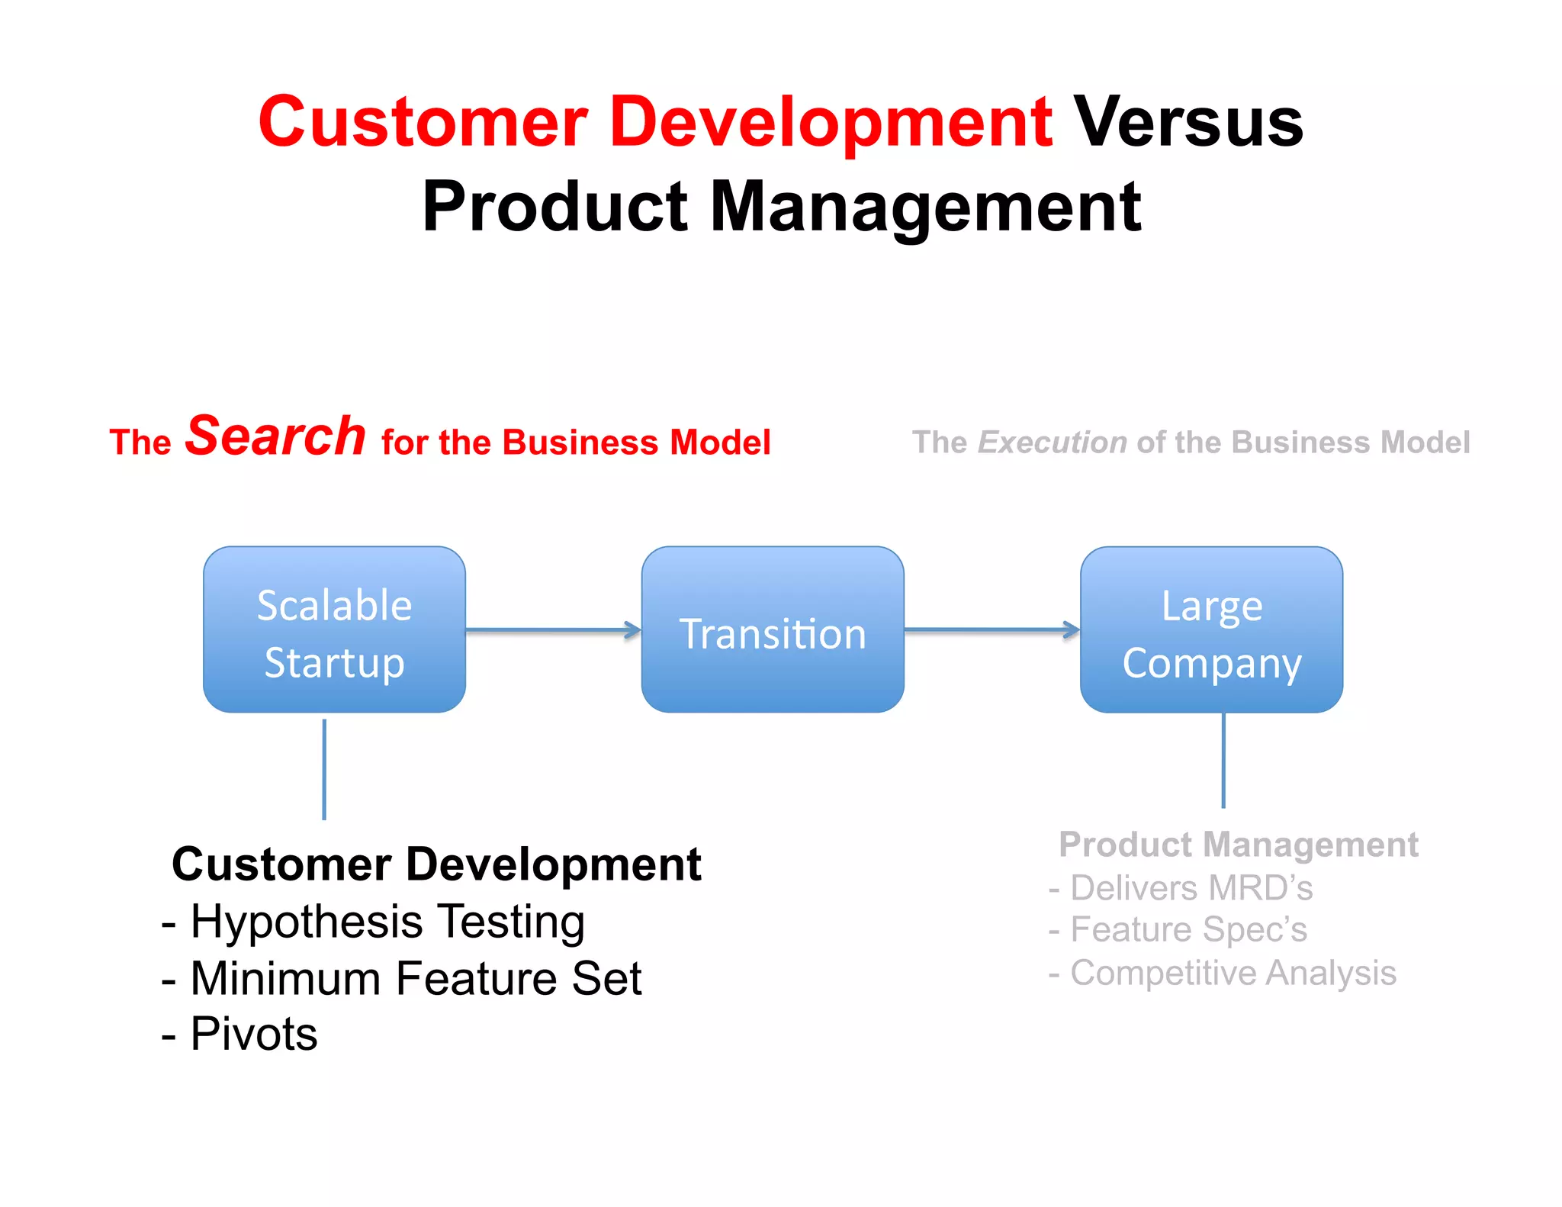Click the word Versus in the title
[x=1188, y=124]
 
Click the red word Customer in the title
[x=422, y=124]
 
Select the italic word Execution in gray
[x=1052, y=443]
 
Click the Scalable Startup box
[x=334, y=630]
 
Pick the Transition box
[x=773, y=630]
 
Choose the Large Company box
[x=1211, y=630]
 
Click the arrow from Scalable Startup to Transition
[x=553, y=630]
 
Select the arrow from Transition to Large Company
[x=992, y=630]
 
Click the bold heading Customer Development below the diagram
[x=436, y=864]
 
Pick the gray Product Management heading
[x=1238, y=845]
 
